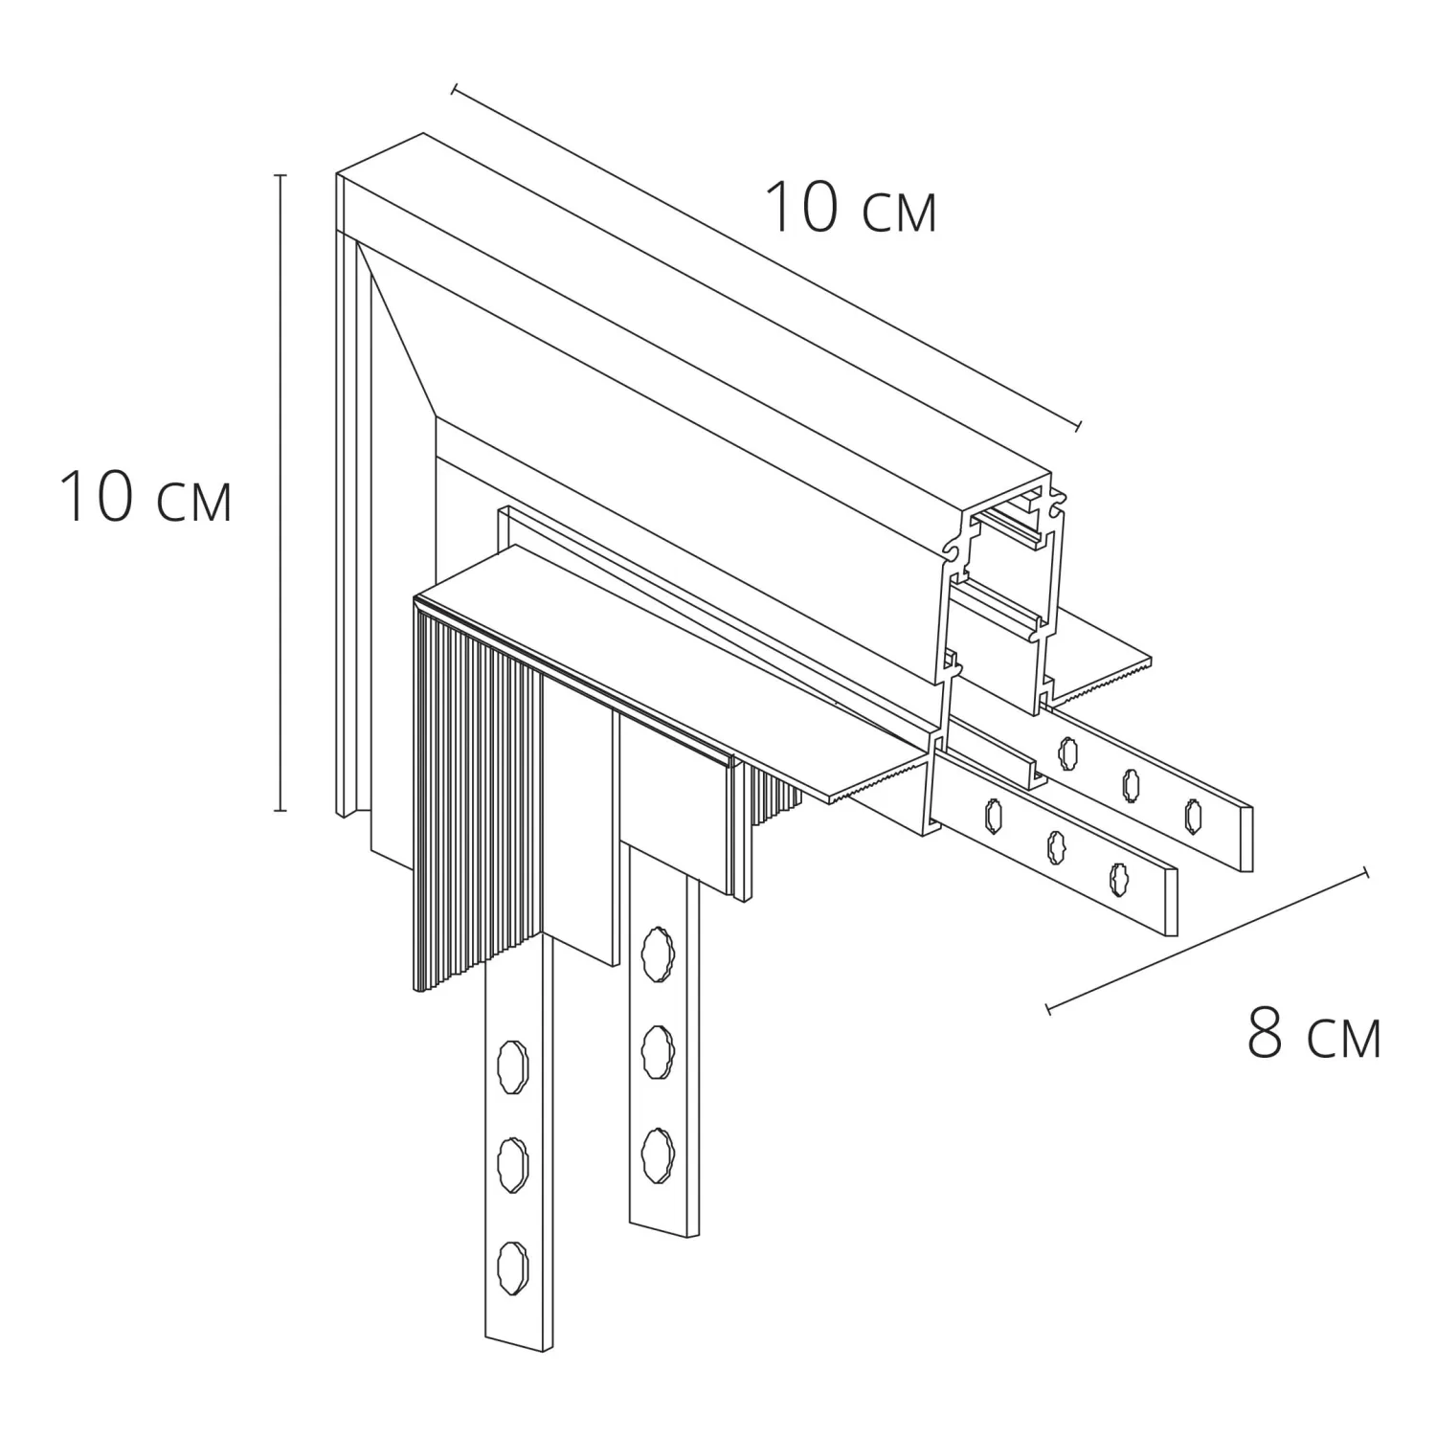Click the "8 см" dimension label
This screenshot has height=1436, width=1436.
point(1314,1033)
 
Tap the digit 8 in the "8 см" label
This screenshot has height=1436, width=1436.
point(1265,1033)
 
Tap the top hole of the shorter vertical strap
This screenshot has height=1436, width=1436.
point(656,953)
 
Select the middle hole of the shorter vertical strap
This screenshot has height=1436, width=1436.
point(656,1049)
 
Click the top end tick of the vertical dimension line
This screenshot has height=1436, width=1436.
point(280,176)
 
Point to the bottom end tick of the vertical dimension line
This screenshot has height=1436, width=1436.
point(280,810)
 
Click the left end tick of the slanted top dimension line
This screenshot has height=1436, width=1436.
point(455,89)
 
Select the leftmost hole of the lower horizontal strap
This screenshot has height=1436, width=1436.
point(990,814)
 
